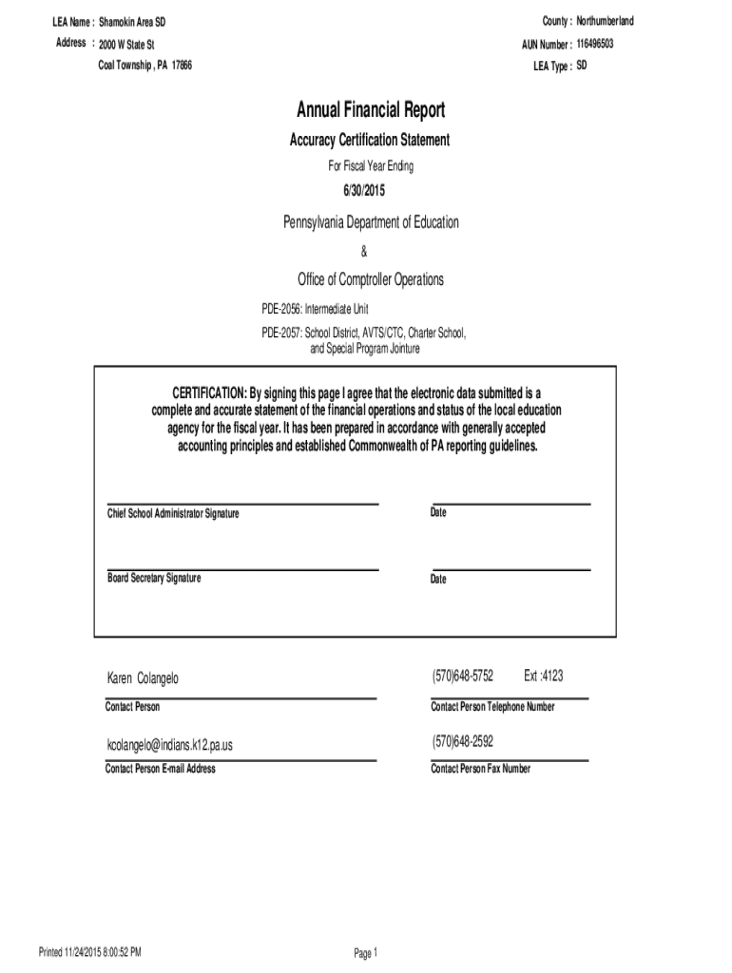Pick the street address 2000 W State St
coord(126,44)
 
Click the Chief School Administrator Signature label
coord(173,514)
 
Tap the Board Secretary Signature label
coord(154,578)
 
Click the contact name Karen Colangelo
coord(142,678)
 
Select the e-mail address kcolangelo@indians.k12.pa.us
coord(169,745)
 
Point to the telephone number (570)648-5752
coord(462,677)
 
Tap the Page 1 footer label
coord(366,953)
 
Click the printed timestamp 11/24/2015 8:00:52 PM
coord(104,951)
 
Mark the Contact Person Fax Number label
coord(480,769)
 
